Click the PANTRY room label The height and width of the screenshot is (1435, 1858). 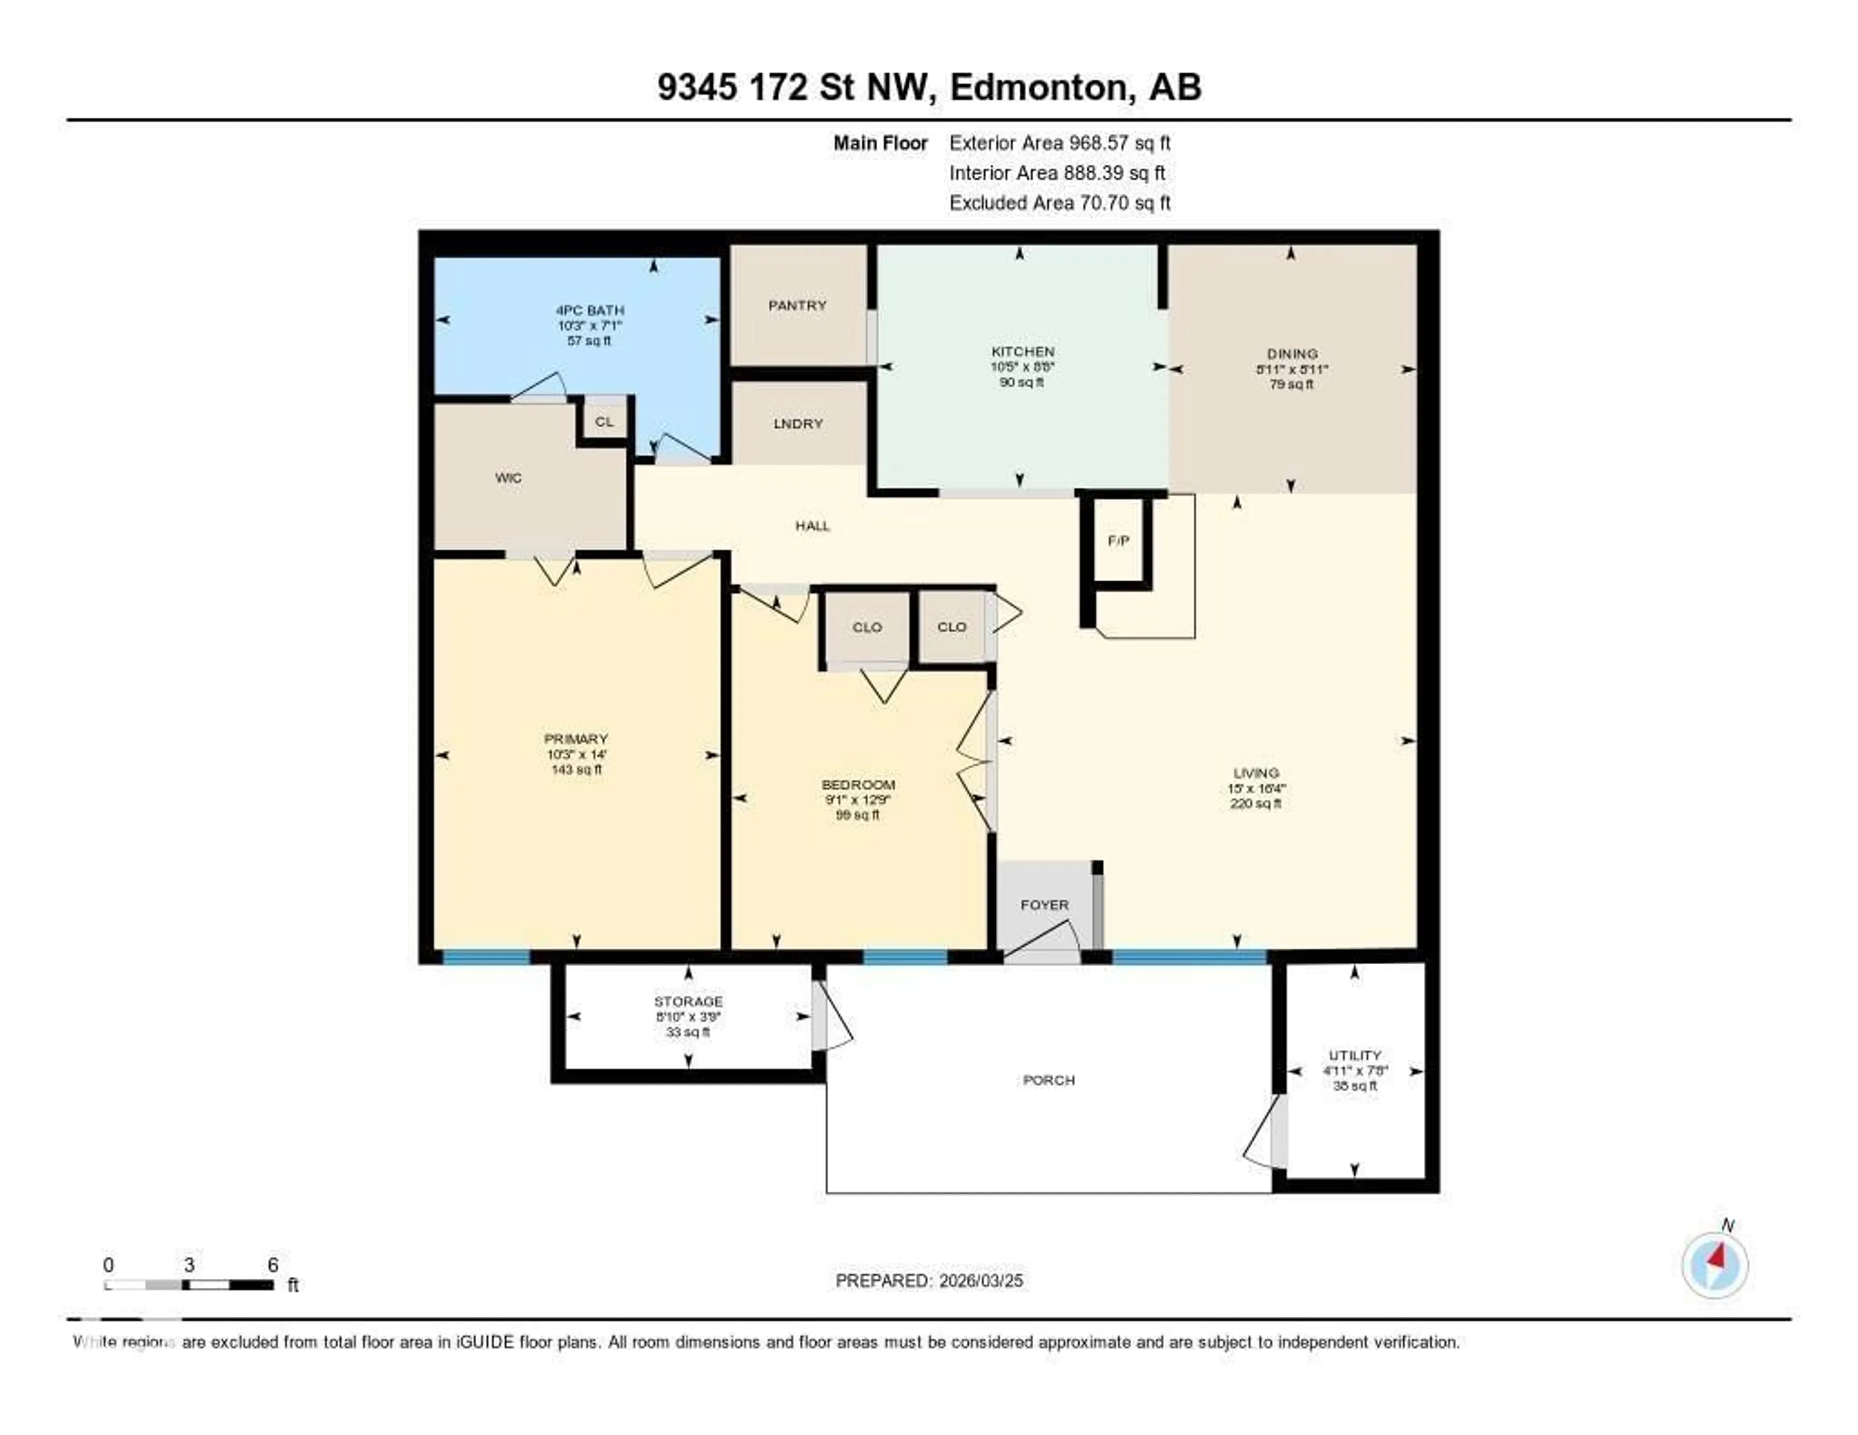tap(797, 305)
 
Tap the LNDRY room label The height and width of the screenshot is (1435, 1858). tap(798, 424)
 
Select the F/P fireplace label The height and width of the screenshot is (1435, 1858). tap(1119, 541)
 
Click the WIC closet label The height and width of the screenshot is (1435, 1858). tap(508, 478)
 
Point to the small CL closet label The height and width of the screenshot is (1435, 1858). tap(604, 422)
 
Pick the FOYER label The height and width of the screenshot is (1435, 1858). tap(1044, 905)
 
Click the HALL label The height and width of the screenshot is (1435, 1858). tap(812, 526)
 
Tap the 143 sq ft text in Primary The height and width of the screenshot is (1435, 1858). tap(576, 770)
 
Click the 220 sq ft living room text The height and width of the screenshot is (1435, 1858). tap(1256, 804)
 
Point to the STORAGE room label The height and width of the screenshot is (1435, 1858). tap(688, 1002)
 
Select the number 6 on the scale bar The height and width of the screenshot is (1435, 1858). tap(273, 1265)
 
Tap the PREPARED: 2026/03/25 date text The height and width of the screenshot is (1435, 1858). tap(929, 1281)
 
